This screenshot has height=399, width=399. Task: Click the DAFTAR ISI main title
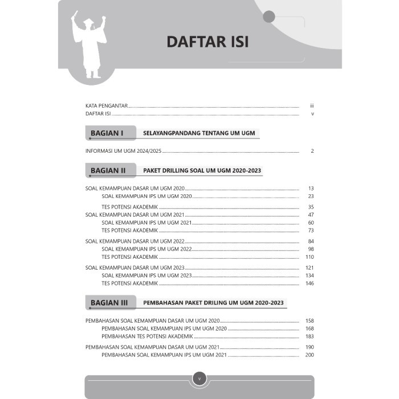(x=207, y=42)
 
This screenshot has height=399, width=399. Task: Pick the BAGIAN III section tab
(x=110, y=302)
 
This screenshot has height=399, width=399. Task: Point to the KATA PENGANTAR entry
(x=106, y=106)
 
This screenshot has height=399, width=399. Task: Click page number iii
(x=312, y=106)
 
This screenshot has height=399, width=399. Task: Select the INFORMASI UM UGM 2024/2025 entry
(x=124, y=152)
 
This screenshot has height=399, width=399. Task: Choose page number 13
(x=311, y=188)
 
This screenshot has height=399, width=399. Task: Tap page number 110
(x=310, y=257)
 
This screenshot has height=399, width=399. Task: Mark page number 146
(x=310, y=283)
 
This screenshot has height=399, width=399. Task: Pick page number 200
(x=310, y=355)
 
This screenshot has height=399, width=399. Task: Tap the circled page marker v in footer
(x=199, y=378)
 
